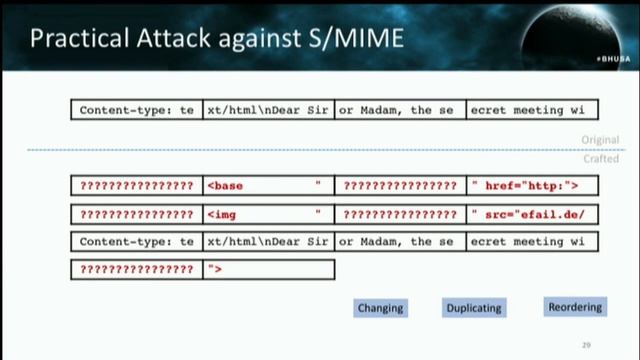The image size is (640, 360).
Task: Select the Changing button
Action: (x=380, y=308)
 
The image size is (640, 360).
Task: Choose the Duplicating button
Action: (x=474, y=308)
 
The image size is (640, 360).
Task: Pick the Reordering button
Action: (x=575, y=307)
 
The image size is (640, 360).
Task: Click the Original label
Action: (x=600, y=140)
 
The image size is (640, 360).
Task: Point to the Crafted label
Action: (x=601, y=158)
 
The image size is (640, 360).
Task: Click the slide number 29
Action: (x=586, y=345)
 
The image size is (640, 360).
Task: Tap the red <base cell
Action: (x=268, y=186)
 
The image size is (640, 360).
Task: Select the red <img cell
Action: (x=268, y=214)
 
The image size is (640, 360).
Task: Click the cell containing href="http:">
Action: (x=532, y=186)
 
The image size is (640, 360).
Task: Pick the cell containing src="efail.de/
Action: (x=532, y=214)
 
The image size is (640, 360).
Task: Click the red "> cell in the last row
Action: (x=268, y=269)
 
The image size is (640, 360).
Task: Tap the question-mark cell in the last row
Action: (x=137, y=269)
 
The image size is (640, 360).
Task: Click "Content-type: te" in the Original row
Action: (x=137, y=110)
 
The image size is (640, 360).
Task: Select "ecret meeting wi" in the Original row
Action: (x=532, y=110)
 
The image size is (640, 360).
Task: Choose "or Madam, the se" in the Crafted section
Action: (x=400, y=241)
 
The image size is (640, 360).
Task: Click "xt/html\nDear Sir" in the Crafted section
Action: (x=268, y=241)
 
